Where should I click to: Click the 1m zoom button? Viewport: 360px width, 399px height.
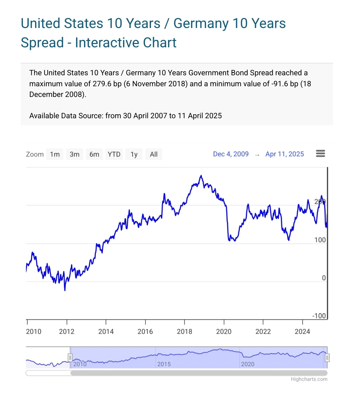(55, 154)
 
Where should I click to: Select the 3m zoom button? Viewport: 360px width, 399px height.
(74, 154)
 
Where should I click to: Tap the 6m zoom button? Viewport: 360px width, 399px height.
(94, 154)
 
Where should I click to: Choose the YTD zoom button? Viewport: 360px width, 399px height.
(114, 154)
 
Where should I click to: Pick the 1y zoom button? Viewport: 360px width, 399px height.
(134, 154)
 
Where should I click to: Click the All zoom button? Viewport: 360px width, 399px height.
(154, 154)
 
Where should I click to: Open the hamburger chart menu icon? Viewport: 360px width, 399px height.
(320, 154)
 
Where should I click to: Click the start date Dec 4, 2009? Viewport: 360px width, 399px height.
(231, 154)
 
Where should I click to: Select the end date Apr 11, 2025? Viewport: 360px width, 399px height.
(285, 154)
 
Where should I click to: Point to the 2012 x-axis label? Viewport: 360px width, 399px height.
(67, 331)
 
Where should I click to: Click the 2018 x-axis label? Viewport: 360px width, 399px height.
(184, 331)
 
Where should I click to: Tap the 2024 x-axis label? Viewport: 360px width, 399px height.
(302, 331)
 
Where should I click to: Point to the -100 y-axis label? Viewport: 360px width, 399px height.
(319, 316)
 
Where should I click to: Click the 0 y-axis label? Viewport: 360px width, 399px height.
(324, 278)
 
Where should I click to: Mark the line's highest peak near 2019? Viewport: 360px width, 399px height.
(201, 176)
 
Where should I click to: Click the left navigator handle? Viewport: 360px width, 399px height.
(70, 358)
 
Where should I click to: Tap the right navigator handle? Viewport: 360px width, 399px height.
(327, 358)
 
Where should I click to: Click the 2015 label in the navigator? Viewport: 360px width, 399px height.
(164, 364)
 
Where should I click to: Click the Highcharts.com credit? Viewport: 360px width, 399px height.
(309, 379)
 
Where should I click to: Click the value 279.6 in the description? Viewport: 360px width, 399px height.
(102, 84)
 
